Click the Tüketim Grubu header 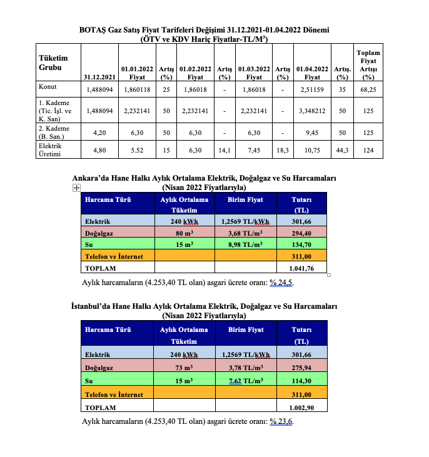click(53, 62)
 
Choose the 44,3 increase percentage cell click(341, 150)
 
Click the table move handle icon click(75, 188)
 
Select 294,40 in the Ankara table click(302, 233)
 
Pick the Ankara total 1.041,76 click(302, 268)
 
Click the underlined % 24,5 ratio click(281, 283)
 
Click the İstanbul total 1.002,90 click(302, 407)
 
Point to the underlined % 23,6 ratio click(281, 421)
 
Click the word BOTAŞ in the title click(93, 30)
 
